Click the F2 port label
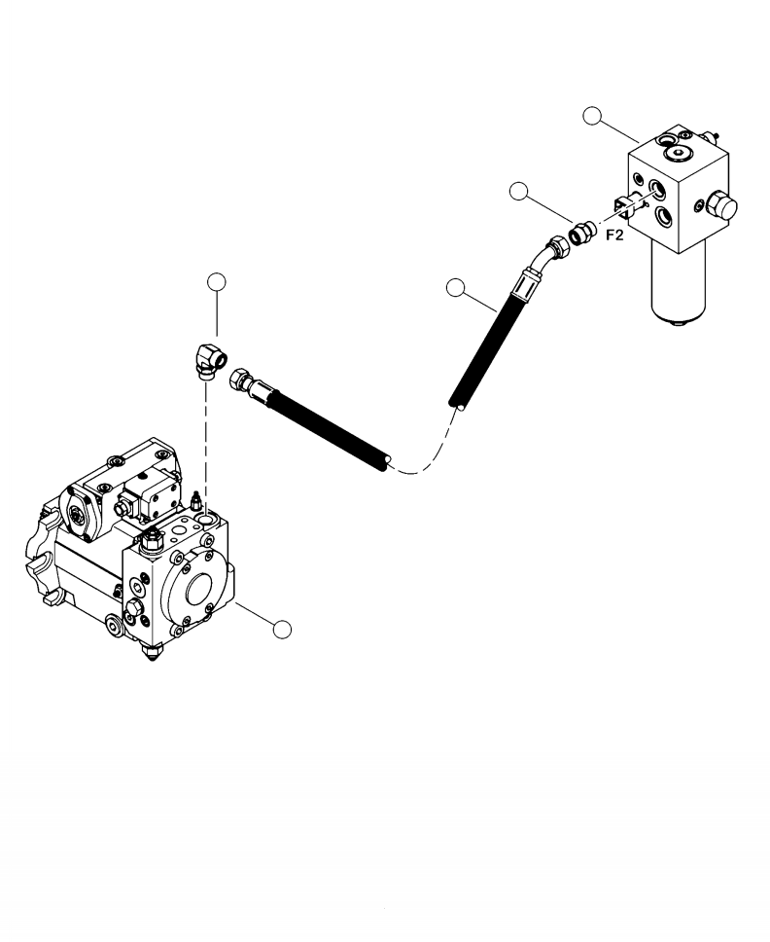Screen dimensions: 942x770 613,235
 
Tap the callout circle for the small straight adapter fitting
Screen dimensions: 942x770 521,192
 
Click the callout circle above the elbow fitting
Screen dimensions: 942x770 218,282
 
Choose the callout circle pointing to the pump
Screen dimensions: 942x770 282,630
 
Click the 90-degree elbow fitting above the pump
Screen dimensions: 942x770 209,360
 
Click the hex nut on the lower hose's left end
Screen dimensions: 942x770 239,382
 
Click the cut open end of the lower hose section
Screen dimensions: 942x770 386,463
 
